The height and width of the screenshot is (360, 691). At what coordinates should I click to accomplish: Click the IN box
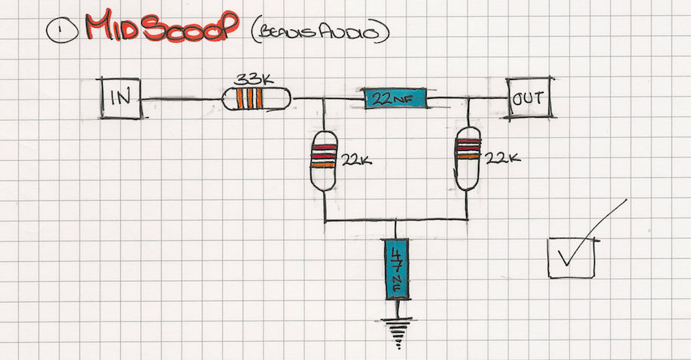pos(121,97)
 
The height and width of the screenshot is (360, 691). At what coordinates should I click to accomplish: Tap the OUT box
pos(529,98)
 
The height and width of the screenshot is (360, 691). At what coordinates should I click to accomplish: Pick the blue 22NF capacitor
pos(395,98)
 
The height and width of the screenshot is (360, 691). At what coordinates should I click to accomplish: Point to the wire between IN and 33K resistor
pos(181,99)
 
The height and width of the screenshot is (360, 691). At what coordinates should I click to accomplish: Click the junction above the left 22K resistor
pos(324,99)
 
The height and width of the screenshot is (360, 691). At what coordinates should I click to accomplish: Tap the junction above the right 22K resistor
pos(469,99)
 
